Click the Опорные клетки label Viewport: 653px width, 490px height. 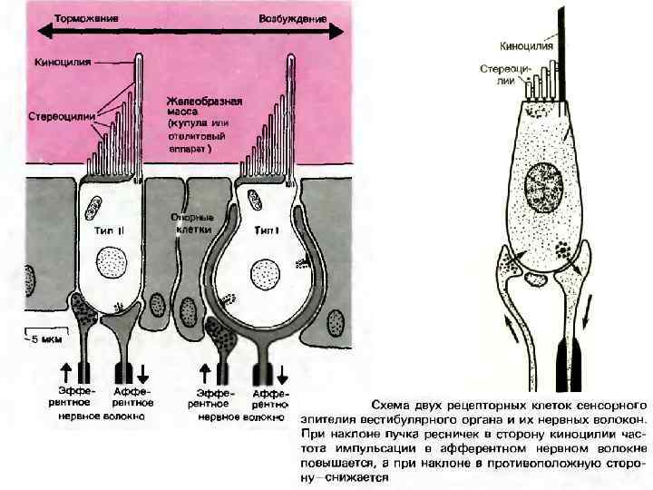192,223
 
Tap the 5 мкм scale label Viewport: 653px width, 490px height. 43,342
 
